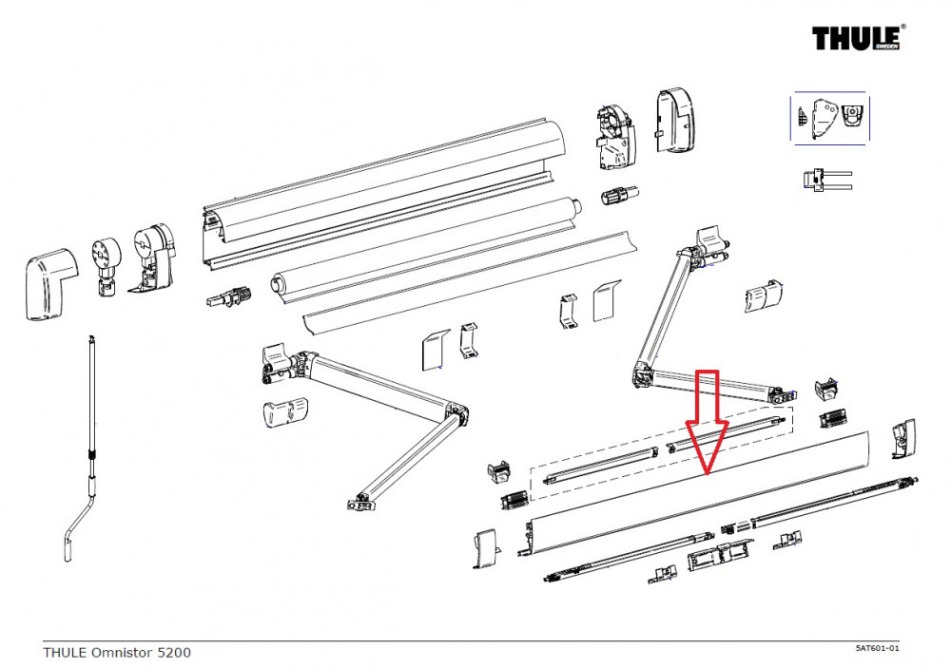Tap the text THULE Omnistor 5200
click(x=116, y=653)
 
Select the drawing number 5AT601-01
click(x=877, y=648)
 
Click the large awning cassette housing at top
click(x=380, y=190)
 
